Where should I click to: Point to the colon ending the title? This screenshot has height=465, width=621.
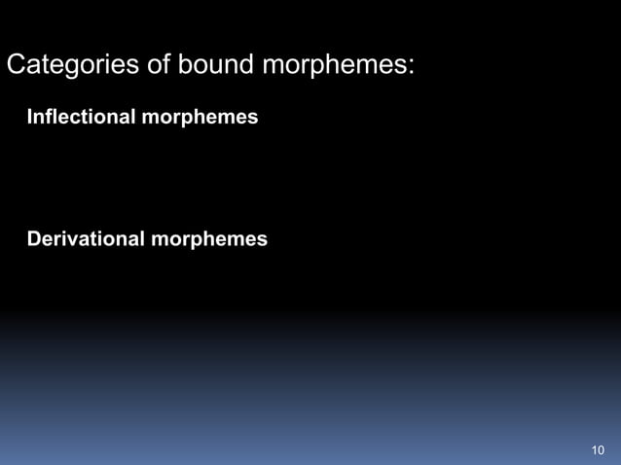[413, 68]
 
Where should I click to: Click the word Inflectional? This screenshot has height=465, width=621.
[83, 118]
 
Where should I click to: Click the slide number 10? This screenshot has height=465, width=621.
[598, 449]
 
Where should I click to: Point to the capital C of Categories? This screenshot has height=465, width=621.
[16, 66]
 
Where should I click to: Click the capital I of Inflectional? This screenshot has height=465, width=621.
[30, 118]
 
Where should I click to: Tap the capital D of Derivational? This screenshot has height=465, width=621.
[34, 238]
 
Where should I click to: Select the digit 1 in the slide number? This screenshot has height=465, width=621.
[594, 449]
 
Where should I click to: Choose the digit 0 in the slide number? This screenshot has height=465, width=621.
[602, 449]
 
